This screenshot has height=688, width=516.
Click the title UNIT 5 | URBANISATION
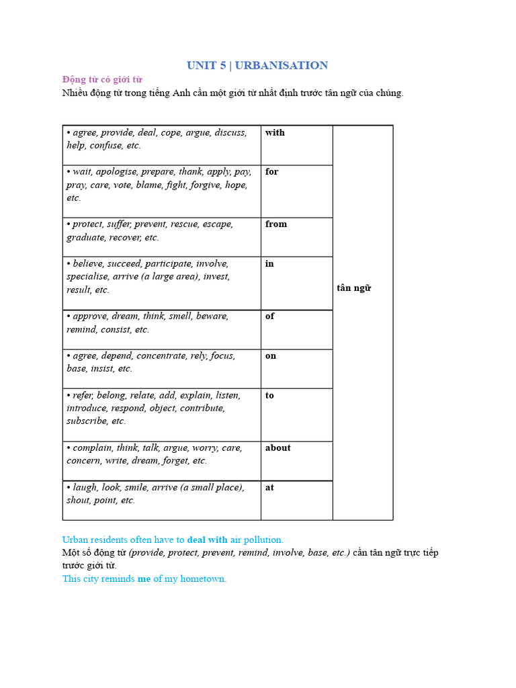click(257, 65)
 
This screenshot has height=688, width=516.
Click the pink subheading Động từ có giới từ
click(102, 79)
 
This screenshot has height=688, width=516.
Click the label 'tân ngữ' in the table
click(353, 288)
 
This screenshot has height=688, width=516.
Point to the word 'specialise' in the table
click(88, 276)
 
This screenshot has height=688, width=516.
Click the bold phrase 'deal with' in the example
click(207, 540)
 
